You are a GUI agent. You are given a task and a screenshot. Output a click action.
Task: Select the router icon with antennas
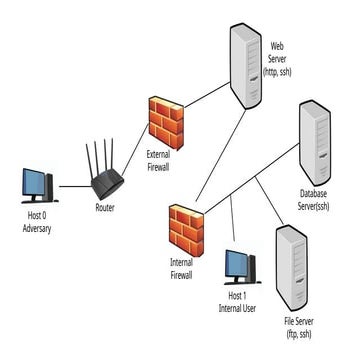[x=105, y=180]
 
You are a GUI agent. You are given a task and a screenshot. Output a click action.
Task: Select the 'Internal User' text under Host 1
[x=237, y=309]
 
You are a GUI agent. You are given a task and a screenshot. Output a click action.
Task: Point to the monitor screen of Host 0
[x=35, y=183]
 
